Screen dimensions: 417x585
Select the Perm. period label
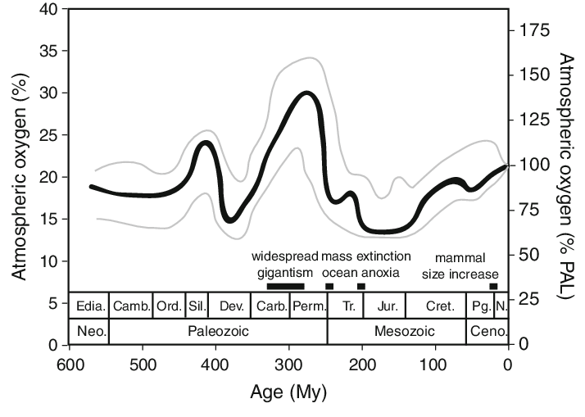coord(310,306)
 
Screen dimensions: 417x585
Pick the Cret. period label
coord(435,306)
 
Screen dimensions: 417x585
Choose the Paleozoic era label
coord(217,332)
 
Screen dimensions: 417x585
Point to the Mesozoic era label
coord(397,332)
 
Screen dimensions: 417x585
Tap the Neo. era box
coord(89,332)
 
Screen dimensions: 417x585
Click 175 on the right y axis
coord(531,29)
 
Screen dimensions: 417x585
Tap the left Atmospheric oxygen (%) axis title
coord(18,175)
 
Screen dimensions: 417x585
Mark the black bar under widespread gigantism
coord(285,286)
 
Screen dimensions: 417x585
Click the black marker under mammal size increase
coord(493,286)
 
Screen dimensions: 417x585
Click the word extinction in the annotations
coord(383,256)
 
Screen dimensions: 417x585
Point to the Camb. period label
coord(132,306)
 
